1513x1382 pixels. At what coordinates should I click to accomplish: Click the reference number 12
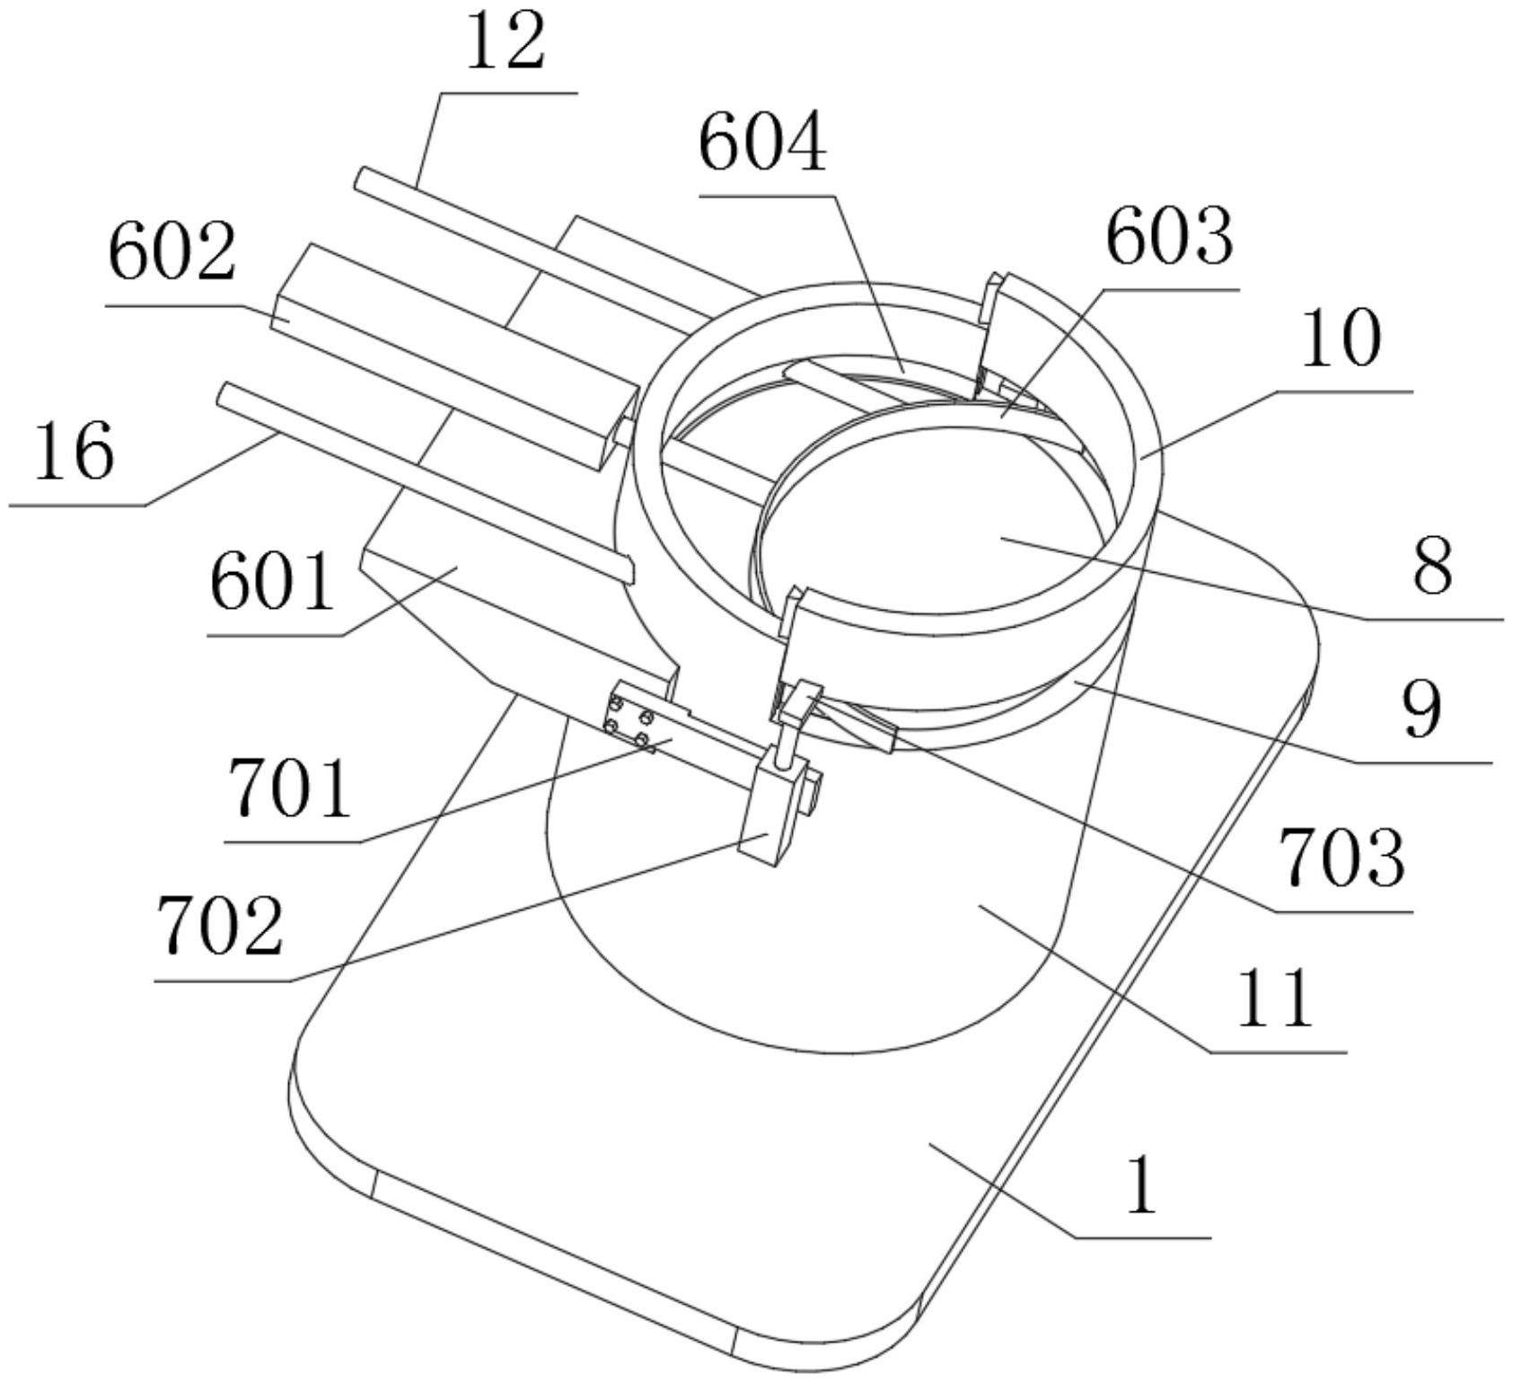[x=506, y=46]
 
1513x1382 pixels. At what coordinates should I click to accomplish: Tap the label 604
[x=762, y=146]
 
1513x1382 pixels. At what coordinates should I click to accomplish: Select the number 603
[x=1169, y=238]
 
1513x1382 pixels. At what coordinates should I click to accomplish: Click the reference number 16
[x=75, y=452]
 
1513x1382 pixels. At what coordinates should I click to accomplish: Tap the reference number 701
[x=289, y=788]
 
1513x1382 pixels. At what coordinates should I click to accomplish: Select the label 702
[x=220, y=926]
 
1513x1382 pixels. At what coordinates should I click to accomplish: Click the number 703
[x=1341, y=858]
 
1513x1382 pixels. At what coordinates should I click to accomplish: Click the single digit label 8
[x=1432, y=567]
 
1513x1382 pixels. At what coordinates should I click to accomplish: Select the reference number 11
[x=1275, y=998]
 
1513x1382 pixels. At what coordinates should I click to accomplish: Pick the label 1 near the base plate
[x=1142, y=1186]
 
